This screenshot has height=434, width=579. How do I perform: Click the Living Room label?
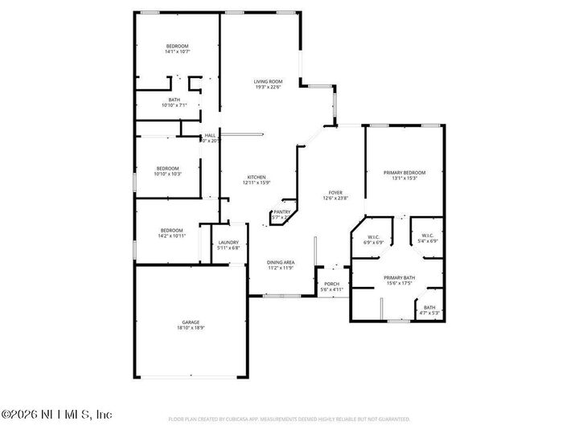point(268,81)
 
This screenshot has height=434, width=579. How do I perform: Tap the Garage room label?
point(191,322)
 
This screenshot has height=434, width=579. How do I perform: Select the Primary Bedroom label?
point(404,173)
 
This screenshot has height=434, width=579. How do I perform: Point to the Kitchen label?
point(257,177)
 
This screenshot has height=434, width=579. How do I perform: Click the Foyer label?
point(335,194)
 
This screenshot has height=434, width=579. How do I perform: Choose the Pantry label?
point(281,212)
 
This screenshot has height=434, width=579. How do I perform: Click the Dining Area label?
point(281,262)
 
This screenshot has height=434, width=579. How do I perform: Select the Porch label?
point(331,285)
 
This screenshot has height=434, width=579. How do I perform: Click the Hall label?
point(210,135)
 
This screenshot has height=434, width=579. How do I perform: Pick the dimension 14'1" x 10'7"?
point(177,52)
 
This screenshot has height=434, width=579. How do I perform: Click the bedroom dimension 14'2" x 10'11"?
point(171,236)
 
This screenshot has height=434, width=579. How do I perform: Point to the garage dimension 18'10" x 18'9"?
point(191,327)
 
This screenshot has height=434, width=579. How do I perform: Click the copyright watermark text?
point(56,415)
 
